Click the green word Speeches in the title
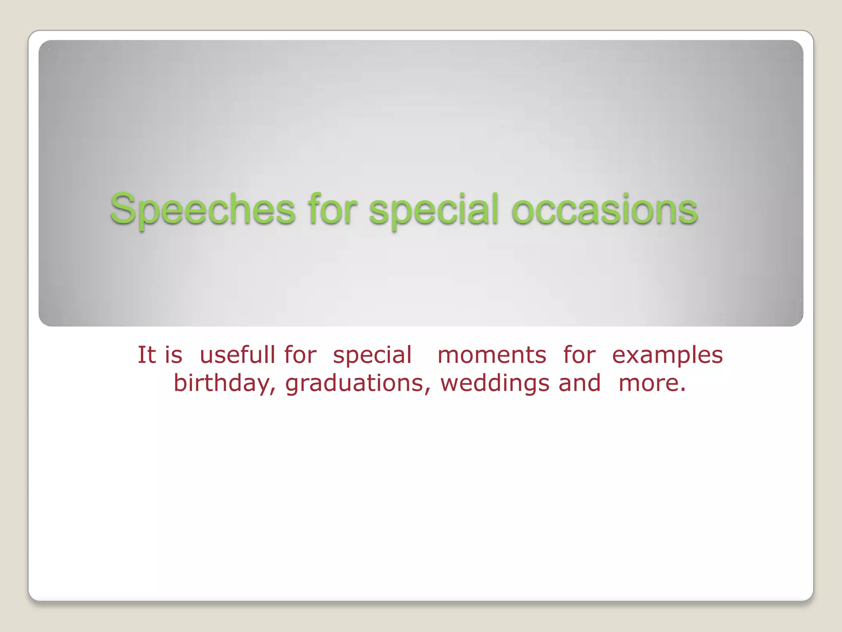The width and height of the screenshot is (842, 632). pos(202,210)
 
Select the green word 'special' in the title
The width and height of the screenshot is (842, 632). pos(434,210)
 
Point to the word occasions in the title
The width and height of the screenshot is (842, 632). pos(604,210)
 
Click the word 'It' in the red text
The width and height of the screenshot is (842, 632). pos(146,355)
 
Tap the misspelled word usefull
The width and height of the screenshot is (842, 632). pos(237,355)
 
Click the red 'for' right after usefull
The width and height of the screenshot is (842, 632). pos(300,355)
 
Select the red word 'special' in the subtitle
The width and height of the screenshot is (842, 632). pos(372,355)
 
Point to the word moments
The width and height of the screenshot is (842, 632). pos(492,355)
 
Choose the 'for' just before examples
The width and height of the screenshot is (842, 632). pos(579,355)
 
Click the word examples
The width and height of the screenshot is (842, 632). pos(667,355)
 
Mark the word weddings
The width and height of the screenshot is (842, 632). pos(495,383)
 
